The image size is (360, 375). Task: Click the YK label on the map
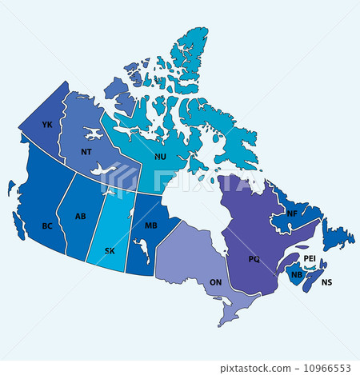[x=47, y=125]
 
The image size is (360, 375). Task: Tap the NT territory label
[x=86, y=151]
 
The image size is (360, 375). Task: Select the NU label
[x=159, y=157]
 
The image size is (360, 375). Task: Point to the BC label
[x=47, y=226]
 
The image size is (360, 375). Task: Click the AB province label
[x=81, y=216]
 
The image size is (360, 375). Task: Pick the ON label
[x=215, y=282]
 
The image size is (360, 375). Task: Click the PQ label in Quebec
[x=254, y=259]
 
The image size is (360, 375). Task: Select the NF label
[x=292, y=213]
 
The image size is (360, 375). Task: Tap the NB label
[x=297, y=275]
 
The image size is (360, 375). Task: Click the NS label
[x=326, y=282]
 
